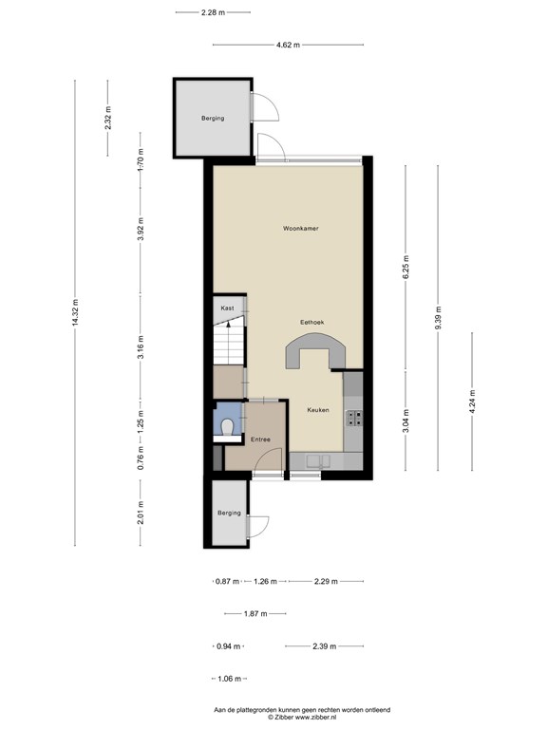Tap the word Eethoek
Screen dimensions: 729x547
(313, 324)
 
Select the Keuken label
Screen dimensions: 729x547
(318, 410)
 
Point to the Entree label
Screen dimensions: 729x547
(260, 439)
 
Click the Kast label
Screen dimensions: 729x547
(227, 308)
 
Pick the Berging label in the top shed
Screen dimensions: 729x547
(213, 119)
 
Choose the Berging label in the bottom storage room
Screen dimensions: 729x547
(229, 513)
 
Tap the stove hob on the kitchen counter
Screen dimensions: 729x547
(355, 417)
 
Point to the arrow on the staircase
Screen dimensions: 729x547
(228, 328)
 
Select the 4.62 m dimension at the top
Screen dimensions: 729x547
(288, 45)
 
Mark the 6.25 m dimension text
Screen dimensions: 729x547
(406, 264)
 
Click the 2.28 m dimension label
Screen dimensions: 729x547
(213, 12)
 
